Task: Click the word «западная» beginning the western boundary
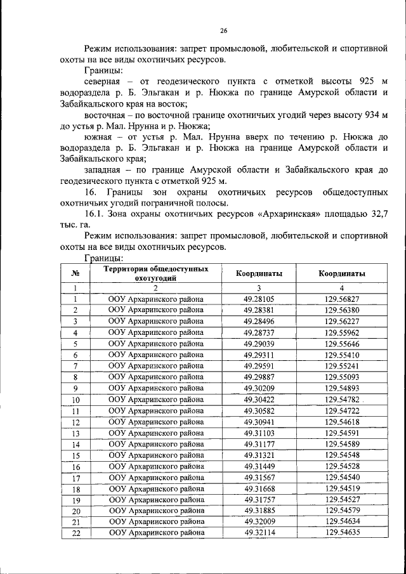tap(104, 170)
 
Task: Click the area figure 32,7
tap(375, 214)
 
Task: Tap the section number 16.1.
tap(94, 214)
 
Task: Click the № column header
tap(75, 274)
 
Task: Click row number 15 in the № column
tap(75, 455)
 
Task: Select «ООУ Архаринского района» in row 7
tap(156, 366)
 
